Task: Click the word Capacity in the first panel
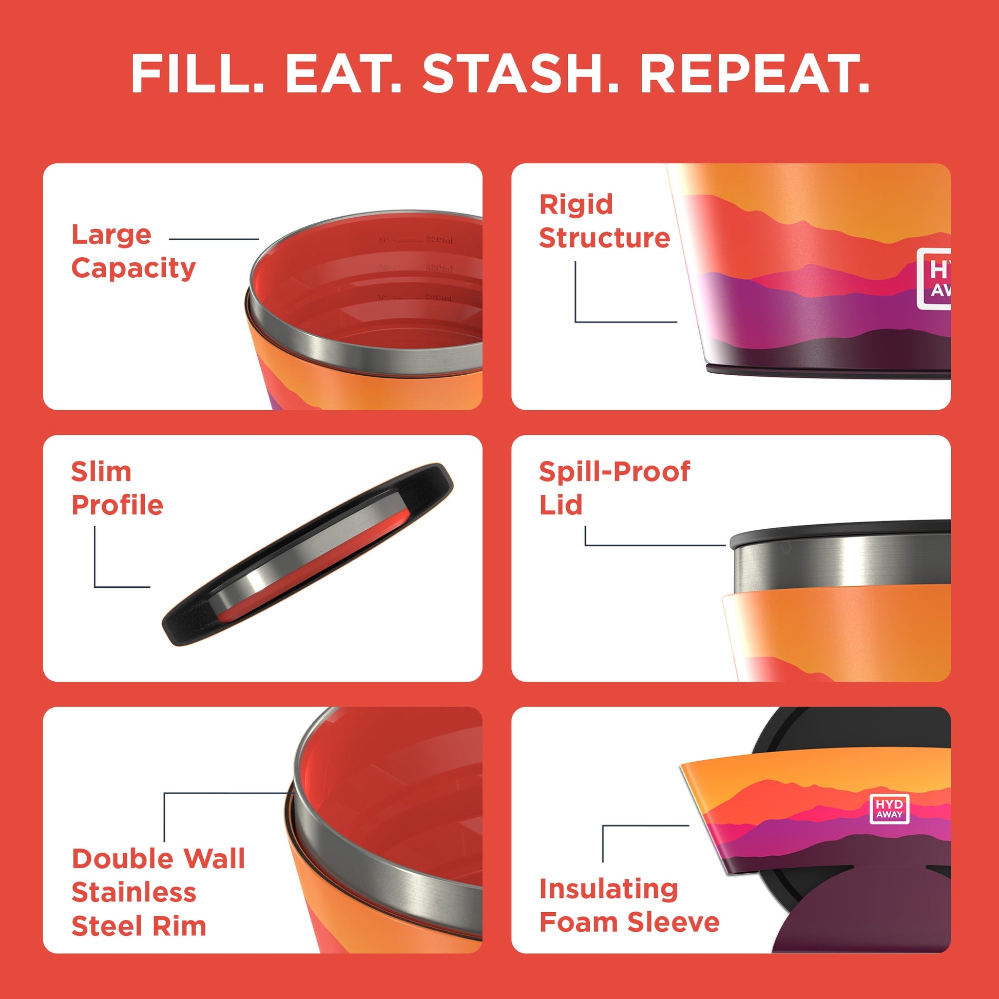pos(133,269)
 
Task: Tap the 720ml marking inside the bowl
pos(439,240)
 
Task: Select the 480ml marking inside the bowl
pos(439,268)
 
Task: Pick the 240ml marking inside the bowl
pos(439,297)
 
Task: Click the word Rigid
pos(575,204)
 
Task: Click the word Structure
pos(604,238)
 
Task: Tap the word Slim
pos(101,472)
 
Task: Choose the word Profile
pos(118,505)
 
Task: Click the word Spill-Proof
pos(614,472)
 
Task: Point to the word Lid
pos(561,505)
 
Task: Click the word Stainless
pos(134,893)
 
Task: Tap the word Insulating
pos(608,889)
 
